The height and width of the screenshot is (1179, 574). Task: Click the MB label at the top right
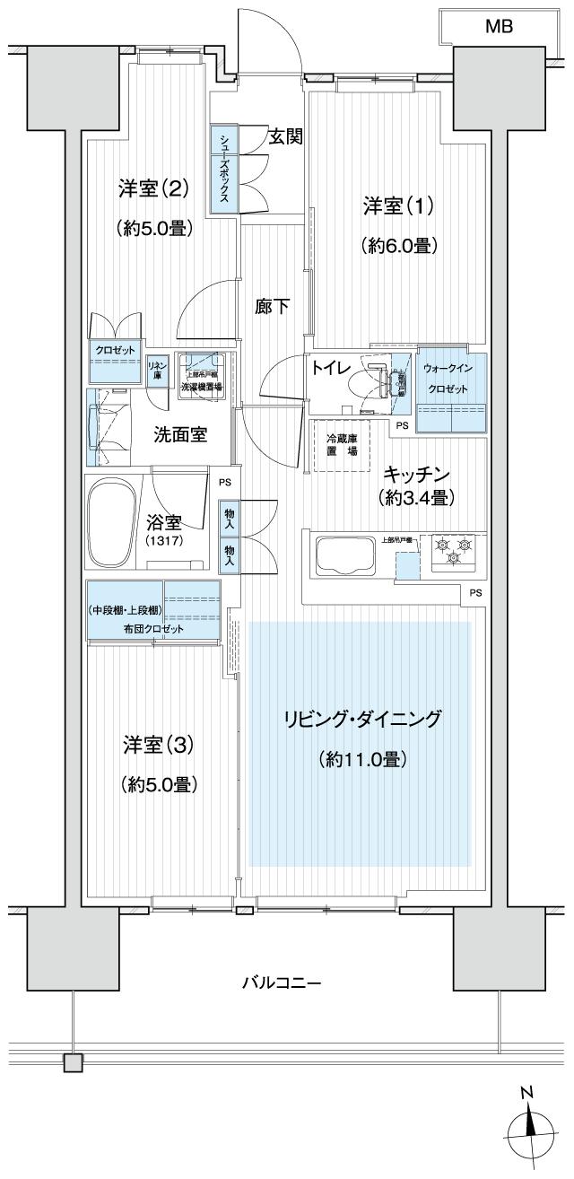[x=499, y=27]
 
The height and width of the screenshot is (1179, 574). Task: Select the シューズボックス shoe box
[x=222, y=170]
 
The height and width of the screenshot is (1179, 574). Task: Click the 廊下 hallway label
[x=273, y=307]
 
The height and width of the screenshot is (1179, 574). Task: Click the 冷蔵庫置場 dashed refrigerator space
[x=341, y=445]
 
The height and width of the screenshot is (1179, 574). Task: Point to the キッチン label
[x=417, y=474]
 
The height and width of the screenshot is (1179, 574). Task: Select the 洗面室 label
[x=181, y=434]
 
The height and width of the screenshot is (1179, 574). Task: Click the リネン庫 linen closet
[x=155, y=368]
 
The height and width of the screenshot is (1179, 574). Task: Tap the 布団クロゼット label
[x=153, y=629]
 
